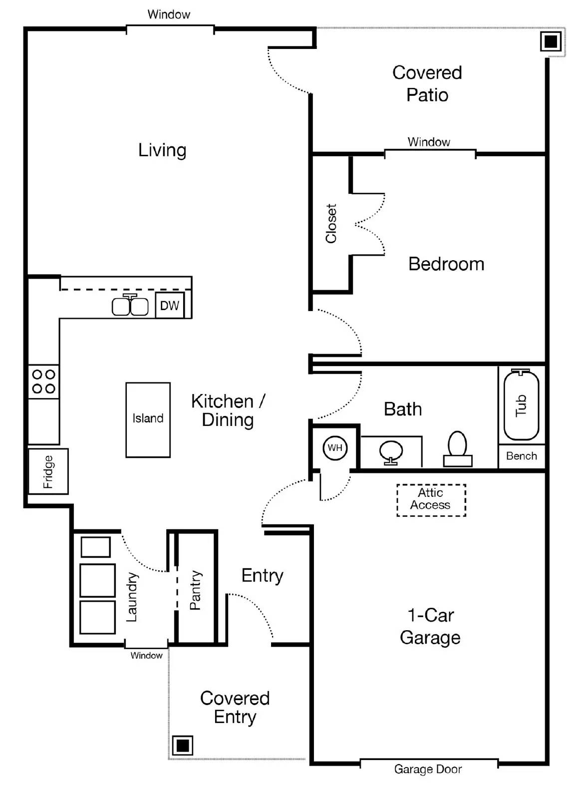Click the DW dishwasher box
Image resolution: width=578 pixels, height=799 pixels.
169,306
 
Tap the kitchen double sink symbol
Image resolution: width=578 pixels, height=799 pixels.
130,306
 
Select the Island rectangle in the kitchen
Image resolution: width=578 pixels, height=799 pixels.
148,419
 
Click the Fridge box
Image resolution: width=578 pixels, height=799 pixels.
48,471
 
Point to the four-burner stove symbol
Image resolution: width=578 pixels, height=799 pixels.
43,382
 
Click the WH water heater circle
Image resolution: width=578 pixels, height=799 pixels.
335,447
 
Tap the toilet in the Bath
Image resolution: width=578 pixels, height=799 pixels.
457,448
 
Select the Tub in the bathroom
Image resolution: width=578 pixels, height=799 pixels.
521,405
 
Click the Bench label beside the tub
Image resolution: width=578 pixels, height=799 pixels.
521,456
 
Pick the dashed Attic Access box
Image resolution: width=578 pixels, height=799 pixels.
431,499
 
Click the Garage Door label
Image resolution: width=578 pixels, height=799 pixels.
428,769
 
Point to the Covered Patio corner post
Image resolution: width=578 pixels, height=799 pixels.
551,41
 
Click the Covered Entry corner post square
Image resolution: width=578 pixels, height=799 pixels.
182,746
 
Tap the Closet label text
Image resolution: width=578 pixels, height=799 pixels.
331,223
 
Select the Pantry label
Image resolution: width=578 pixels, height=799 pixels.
195,590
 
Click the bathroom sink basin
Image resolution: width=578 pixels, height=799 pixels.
391,450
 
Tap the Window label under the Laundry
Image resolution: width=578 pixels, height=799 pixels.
146,656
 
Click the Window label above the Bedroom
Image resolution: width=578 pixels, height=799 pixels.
429,142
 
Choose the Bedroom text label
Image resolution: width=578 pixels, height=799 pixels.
446,264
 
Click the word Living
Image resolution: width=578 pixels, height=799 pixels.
162,150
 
